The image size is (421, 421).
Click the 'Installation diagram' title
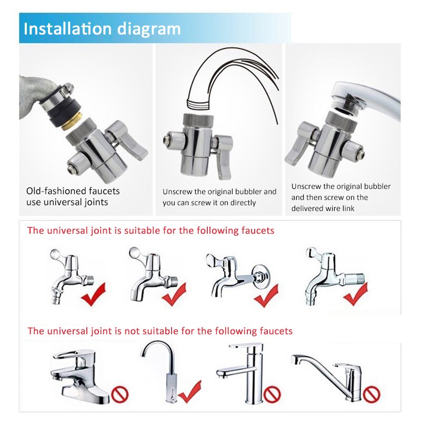point(102,28)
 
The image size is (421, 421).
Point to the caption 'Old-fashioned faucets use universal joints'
point(73,196)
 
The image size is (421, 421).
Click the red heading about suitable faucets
point(151,230)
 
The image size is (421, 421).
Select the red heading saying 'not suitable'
point(160,331)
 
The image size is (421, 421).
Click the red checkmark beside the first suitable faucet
point(93,294)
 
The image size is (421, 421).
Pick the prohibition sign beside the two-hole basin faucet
point(119,393)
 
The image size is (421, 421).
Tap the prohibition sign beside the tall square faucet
point(272,394)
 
